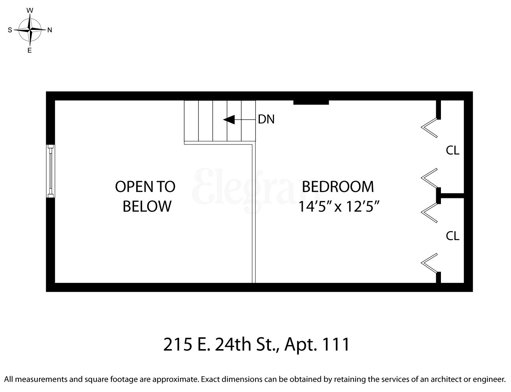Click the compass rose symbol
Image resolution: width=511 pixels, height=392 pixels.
30,30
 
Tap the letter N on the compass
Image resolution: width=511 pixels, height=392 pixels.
50,30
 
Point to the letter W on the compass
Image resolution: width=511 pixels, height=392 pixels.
30,11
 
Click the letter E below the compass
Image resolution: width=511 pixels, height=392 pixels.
30,50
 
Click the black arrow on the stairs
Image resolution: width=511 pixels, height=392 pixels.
230,119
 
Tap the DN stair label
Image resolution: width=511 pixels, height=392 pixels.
266,119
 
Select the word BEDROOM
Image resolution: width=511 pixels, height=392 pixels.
338,186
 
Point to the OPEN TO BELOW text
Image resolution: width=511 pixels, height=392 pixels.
146,196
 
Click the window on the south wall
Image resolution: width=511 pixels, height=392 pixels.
50,171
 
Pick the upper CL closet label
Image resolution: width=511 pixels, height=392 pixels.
452,150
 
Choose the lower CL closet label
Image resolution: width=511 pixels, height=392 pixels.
452,236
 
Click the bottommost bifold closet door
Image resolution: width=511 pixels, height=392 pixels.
430,263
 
